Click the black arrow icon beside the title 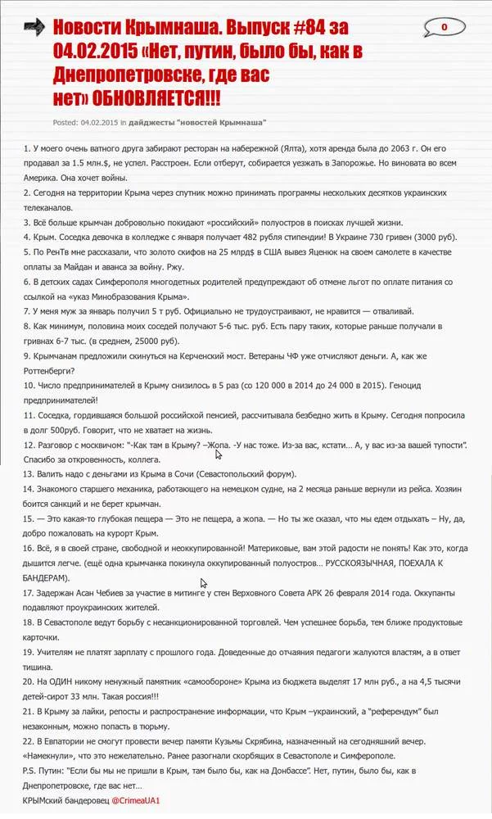(x=34, y=29)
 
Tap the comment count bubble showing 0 (x=443, y=27)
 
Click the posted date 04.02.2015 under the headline (x=99, y=123)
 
